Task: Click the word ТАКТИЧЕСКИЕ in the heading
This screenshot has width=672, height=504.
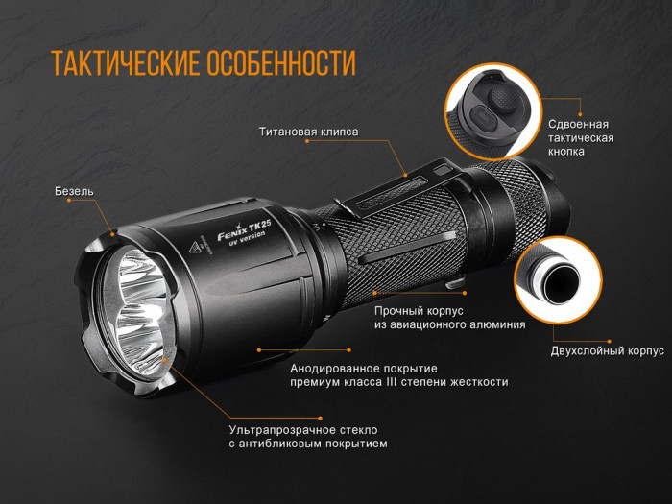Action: coord(125,63)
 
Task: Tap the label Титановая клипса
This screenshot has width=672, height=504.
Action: coord(308,131)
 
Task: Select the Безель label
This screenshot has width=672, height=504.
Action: coord(75,191)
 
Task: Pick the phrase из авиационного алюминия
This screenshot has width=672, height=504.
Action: coord(449,324)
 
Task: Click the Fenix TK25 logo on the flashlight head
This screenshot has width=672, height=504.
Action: coord(240,230)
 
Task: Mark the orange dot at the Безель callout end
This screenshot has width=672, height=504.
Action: coord(113,231)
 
